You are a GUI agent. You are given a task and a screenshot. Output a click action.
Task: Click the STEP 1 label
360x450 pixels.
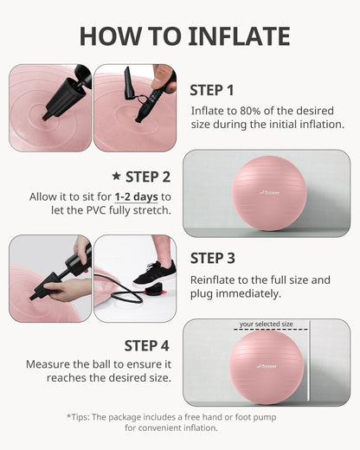pyautogui.click(x=212, y=89)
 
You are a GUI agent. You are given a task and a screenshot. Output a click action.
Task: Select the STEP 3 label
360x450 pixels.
pyautogui.click(x=212, y=258)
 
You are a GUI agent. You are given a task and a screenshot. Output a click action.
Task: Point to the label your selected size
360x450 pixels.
pyautogui.click(x=266, y=325)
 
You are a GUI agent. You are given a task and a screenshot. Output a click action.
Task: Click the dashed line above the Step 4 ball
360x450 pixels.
pyautogui.click(x=266, y=331)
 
